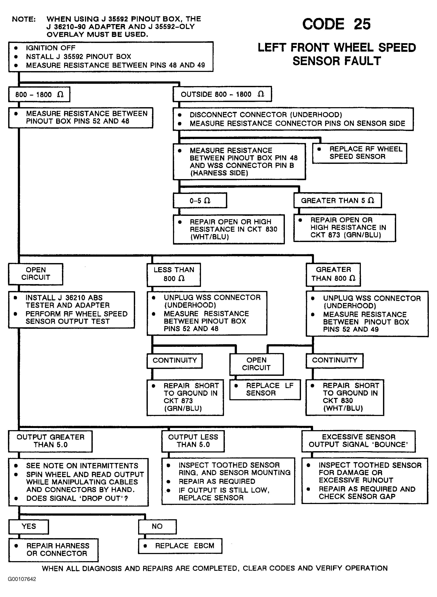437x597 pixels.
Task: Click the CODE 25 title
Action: [x=336, y=24]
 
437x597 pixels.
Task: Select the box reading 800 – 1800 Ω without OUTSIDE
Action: [x=39, y=94]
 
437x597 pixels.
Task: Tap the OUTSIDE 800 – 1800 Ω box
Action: [x=222, y=94]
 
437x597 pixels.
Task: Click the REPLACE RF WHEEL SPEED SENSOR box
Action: [x=360, y=153]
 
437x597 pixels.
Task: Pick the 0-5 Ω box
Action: [x=200, y=200]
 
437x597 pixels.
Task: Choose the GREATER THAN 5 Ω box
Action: [x=338, y=200]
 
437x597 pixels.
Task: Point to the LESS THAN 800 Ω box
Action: [x=174, y=275]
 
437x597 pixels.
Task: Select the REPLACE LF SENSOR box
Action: [x=265, y=390]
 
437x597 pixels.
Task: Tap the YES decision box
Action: [x=29, y=527]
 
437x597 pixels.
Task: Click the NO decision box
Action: [x=157, y=527]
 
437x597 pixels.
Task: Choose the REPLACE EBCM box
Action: [x=180, y=546]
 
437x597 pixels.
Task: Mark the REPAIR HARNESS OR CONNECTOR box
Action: [x=53, y=550]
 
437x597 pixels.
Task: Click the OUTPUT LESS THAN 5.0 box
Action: [x=193, y=441]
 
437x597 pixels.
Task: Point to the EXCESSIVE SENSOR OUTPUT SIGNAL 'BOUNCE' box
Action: [x=358, y=441]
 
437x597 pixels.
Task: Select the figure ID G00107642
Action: [x=22, y=579]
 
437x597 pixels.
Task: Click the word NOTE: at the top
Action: [x=24, y=19]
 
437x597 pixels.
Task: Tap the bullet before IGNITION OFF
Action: [x=16, y=48]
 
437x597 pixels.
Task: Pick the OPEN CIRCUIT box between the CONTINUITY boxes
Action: [x=257, y=364]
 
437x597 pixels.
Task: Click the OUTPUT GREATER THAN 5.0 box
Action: [x=50, y=442]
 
